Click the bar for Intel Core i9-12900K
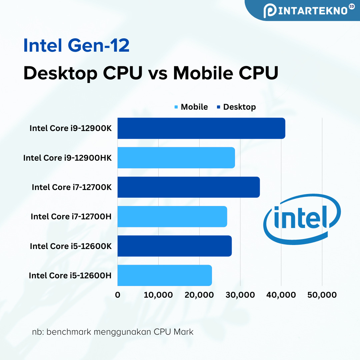[x=201, y=128]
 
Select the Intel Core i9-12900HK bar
[x=176, y=158]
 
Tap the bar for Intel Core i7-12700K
[x=188, y=187]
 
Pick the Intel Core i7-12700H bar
[x=172, y=216]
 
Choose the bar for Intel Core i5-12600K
[x=174, y=246]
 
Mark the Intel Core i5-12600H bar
[x=164, y=275]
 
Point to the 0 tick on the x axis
[x=118, y=295]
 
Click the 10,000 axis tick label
[x=158, y=295]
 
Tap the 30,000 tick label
[x=240, y=295]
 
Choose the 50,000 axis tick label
[x=322, y=295]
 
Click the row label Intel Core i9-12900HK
[x=67, y=158]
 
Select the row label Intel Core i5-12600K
[x=71, y=246]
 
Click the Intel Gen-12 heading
[x=76, y=46]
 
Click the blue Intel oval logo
[x=302, y=219]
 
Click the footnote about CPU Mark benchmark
[x=113, y=332]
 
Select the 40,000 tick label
[x=281, y=295]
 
